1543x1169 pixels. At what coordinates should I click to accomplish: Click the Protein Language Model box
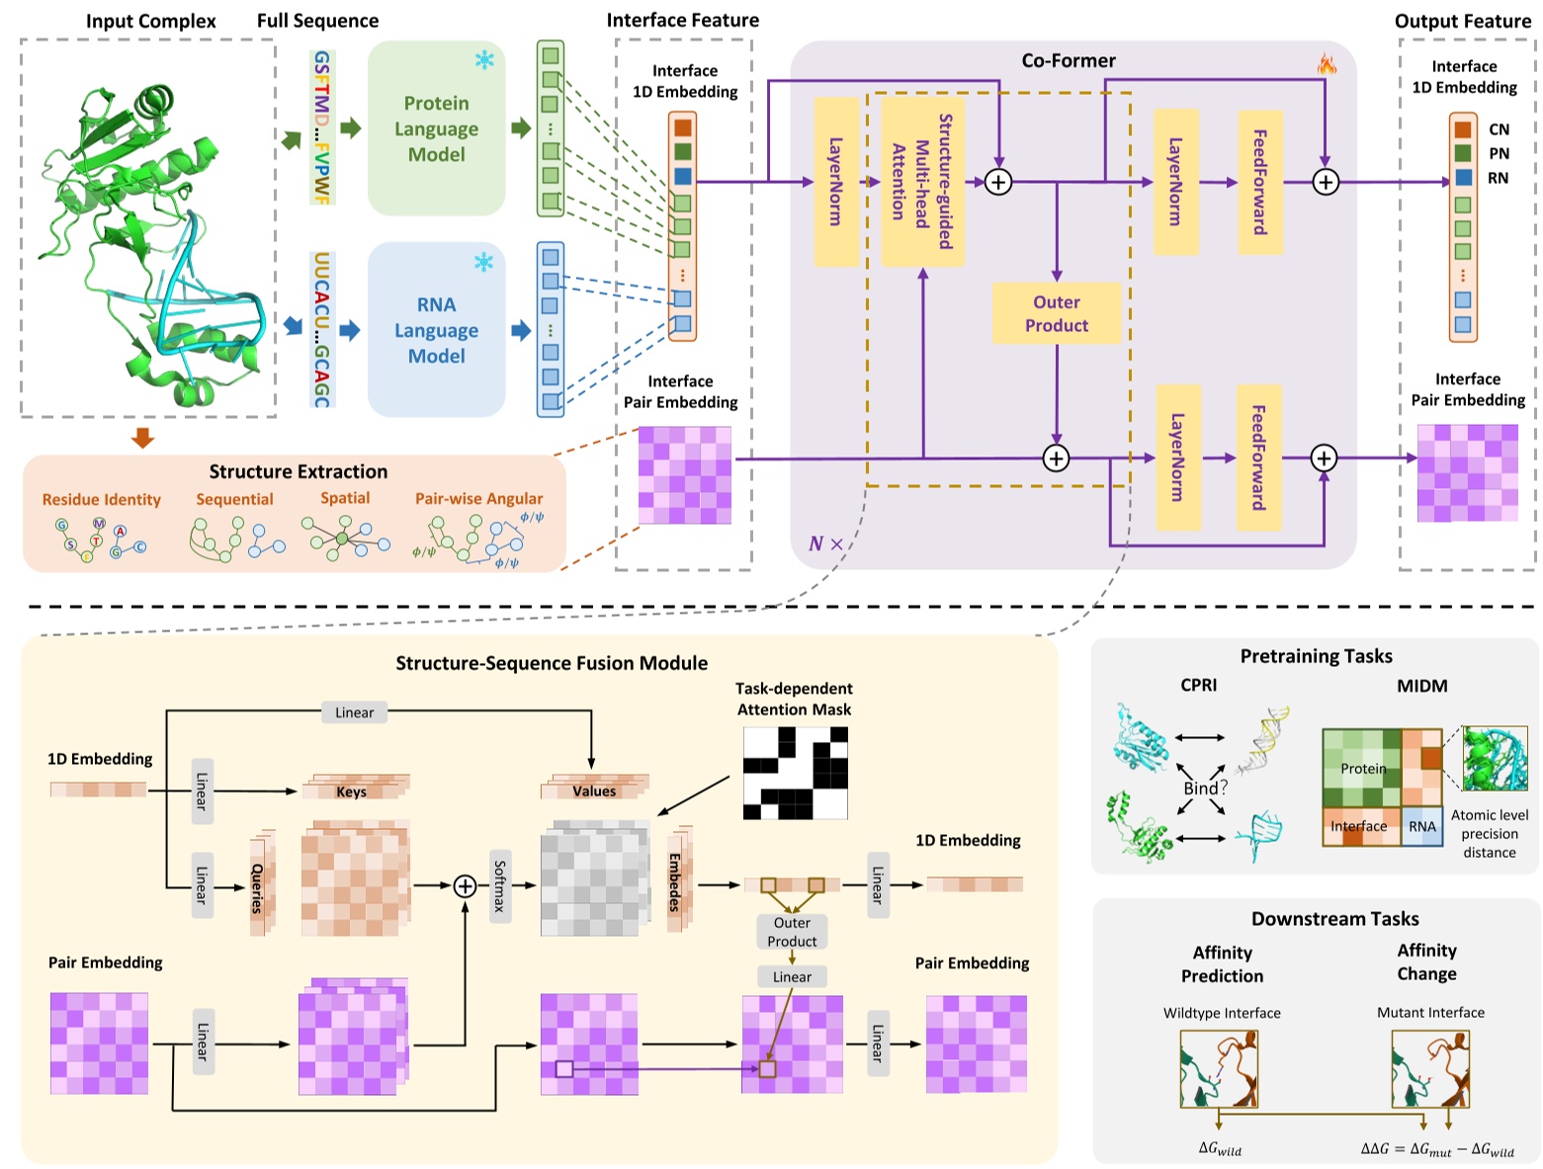436,128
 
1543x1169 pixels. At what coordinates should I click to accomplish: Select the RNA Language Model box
436,330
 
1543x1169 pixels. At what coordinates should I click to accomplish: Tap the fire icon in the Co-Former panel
1326,65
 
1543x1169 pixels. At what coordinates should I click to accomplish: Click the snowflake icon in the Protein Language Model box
484,60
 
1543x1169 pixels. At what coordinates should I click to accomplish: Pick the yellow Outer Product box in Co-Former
1056,313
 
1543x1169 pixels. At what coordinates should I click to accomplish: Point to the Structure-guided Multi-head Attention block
921,182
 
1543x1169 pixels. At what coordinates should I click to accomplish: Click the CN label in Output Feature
1499,129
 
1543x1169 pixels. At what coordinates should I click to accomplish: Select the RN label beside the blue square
1498,178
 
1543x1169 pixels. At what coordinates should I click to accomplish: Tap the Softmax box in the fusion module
500,885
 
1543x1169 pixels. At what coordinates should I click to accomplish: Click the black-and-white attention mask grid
795,773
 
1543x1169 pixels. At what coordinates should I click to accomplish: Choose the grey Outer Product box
792,932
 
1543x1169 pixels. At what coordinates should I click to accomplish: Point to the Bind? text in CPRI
1205,788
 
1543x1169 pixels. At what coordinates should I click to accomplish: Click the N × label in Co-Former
825,543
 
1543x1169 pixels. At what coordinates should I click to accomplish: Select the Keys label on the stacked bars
351,792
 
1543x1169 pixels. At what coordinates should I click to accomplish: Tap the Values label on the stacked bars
593,791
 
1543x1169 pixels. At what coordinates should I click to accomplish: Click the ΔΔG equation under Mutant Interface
1436,1148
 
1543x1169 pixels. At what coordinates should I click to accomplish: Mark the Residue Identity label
101,500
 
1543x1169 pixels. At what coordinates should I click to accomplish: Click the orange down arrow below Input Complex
143,437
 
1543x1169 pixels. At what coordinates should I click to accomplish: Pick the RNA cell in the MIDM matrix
1421,826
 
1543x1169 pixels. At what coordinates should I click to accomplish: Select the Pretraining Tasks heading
1316,656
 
